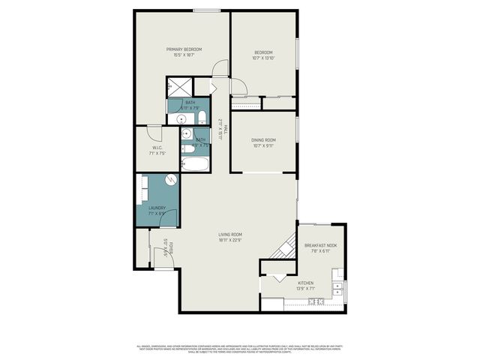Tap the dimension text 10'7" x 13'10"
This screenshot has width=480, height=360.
(x=263, y=58)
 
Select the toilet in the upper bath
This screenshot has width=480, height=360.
(x=202, y=118)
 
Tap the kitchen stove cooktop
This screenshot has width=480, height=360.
(x=316, y=301)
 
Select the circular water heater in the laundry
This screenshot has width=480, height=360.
(x=170, y=181)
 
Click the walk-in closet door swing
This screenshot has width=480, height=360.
(x=154, y=133)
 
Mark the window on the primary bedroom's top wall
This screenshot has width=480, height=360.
(x=206, y=10)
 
